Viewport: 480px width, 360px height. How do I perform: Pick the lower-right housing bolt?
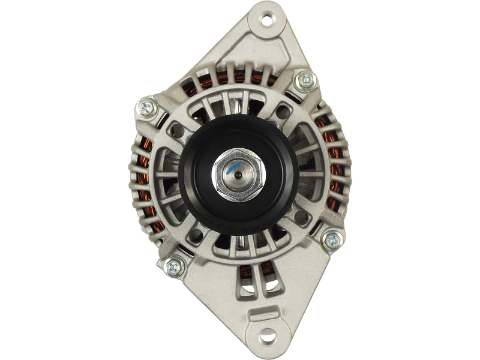tap(331, 241)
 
